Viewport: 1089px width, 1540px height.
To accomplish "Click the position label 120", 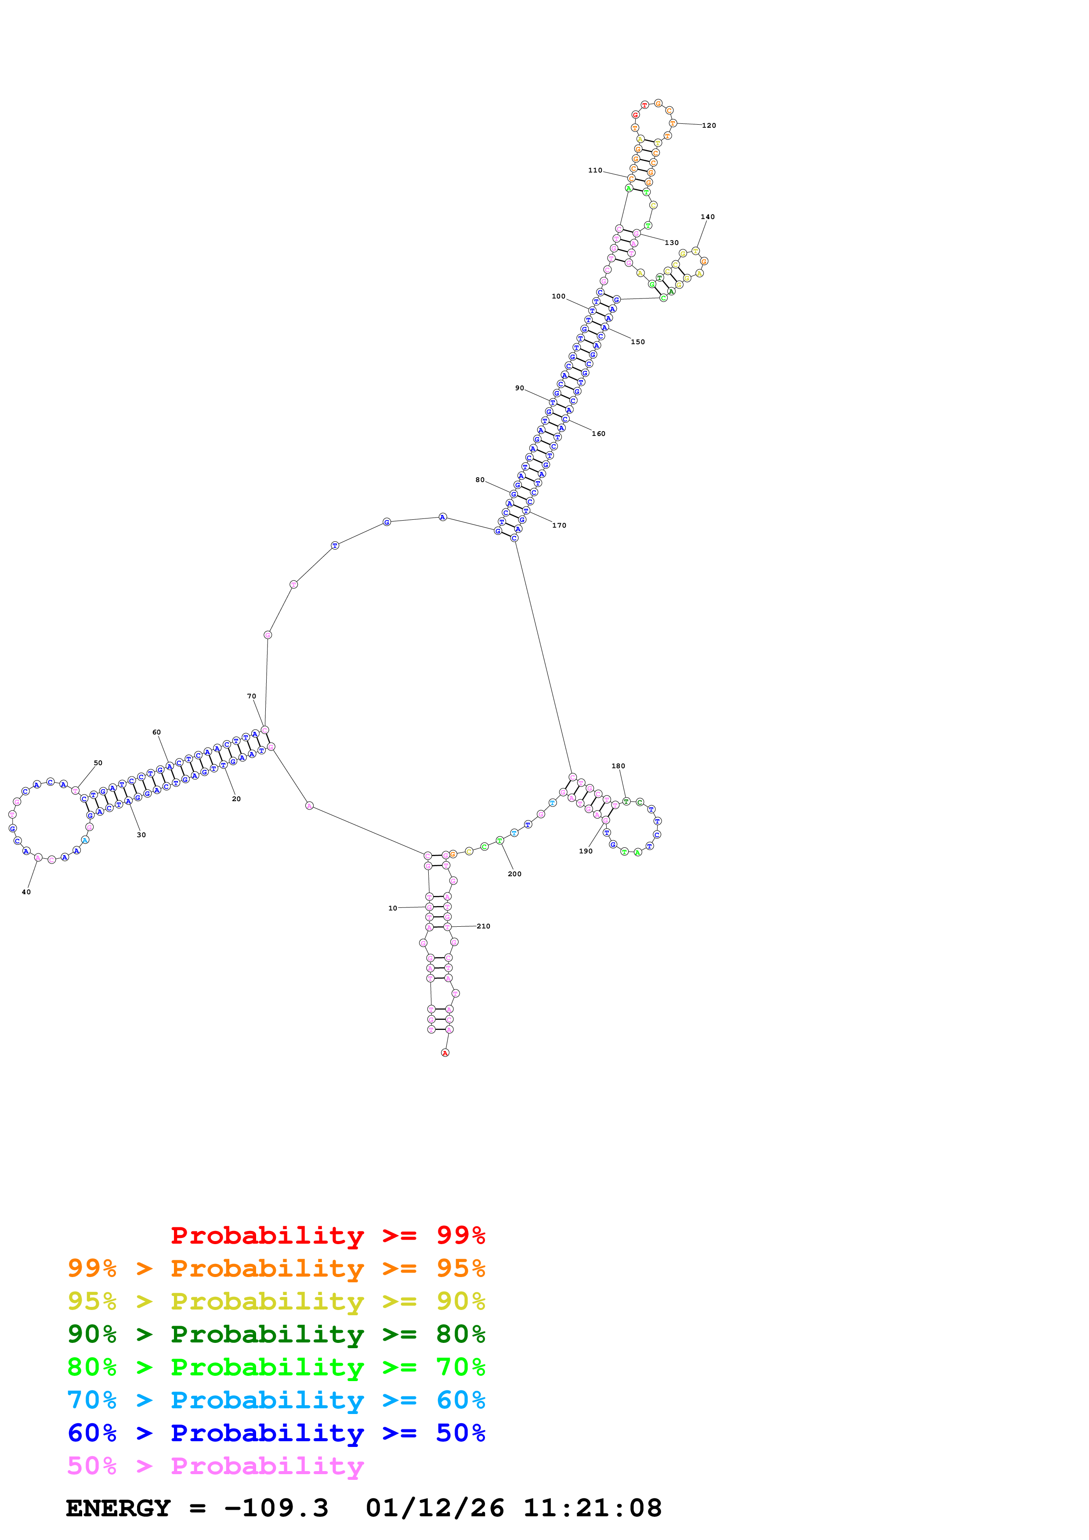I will coord(709,126).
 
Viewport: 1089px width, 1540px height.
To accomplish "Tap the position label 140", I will coord(707,217).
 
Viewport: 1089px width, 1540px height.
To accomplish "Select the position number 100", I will coord(558,296).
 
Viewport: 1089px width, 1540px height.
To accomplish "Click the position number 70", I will coord(252,696).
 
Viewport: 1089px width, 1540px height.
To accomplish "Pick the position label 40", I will coord(26,892).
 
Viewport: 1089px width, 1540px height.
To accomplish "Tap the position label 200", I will coord(515,874).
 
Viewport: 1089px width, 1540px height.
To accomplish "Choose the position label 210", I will coord(483,926).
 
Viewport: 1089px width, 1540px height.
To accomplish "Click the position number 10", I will coord(393,908).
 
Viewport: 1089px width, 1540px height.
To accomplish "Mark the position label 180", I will coord(618,766).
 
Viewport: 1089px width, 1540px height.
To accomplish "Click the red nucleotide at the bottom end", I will coord(445,1053).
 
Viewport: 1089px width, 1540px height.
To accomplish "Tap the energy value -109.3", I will coord(276,1508).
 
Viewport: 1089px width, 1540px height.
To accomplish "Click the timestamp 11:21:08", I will coord(593,1508).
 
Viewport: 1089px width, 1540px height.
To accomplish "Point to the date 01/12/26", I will coord(435,1508).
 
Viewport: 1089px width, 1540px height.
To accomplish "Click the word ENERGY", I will coord(118,1508).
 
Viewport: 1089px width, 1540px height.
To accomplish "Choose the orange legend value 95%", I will coord(460,1268).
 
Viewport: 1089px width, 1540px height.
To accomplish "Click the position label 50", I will coord(98,763).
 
